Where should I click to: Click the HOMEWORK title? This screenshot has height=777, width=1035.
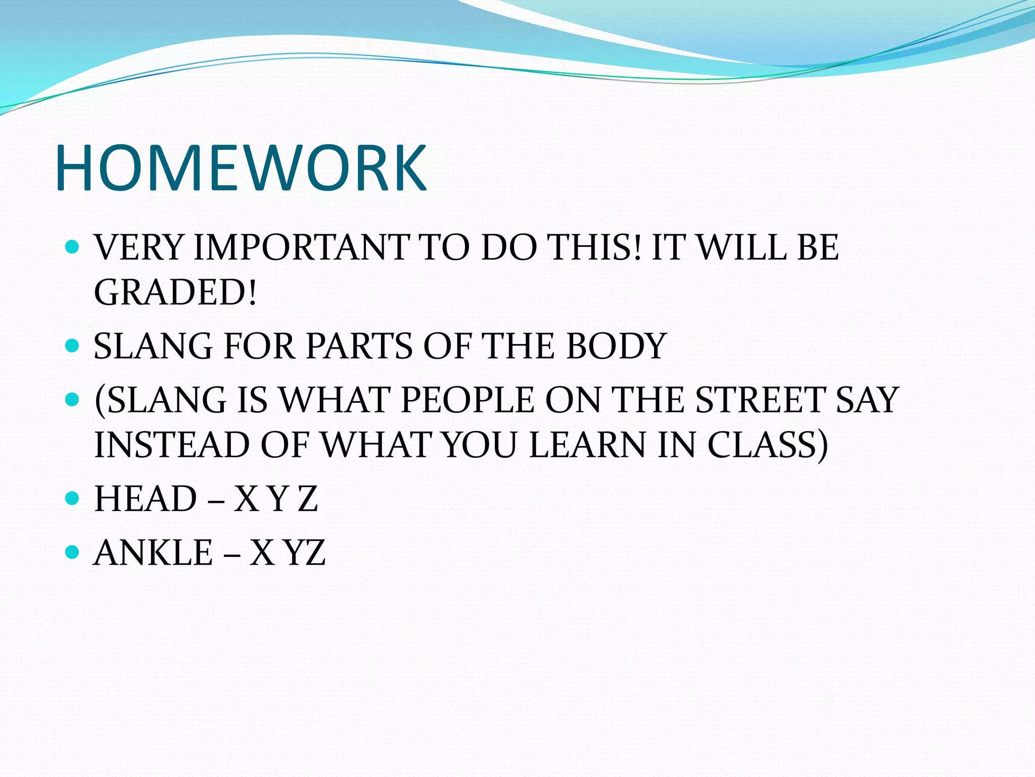pyautogui.click(x=242, y=168)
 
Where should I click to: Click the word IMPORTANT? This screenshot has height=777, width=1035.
pyautogui.click(x=301, y=247)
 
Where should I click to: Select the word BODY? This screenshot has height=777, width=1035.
pyautogui.click(x=617, y=347)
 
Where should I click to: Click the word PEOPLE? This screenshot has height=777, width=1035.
pyautogui.click(x=467, y=400)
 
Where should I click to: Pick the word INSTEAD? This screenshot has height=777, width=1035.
pyautogui.click(x=172, y=445)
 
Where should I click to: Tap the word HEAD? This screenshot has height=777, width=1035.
pyautogui.click(x=146, y=499)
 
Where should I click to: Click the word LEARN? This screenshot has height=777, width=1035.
pyautogui.click(x=588, y=445)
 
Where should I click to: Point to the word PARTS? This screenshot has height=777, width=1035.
pyautogui.click(x=359, y=347)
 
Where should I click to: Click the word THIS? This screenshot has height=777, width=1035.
pyautogui.click(x=596, y=247)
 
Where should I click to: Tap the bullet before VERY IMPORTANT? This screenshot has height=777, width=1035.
pyautogui.click(x=73, y=247)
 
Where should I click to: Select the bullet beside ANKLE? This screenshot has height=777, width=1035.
pyautogui.click(x=73, y=551)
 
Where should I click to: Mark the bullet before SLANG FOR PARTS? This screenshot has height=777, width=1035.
pyautogui.click(x=73, y=346)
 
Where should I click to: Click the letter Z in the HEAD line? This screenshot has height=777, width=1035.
pyautogui.click(x=307, y=499)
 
